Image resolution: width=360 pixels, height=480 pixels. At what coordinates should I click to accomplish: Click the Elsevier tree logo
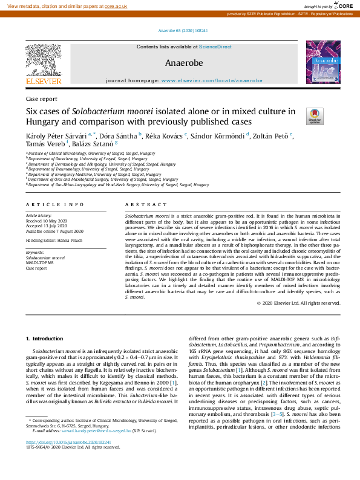(43, 62)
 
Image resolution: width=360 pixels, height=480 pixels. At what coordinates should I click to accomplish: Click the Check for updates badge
(315, 115)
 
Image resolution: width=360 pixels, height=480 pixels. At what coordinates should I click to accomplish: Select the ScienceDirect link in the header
(216, 47)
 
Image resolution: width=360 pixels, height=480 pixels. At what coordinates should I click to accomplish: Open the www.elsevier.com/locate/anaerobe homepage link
(212, 80)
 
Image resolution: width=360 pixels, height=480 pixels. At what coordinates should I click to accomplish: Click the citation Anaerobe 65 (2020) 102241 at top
(180, 30)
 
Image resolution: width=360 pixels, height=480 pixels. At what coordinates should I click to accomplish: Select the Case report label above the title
(42, 99)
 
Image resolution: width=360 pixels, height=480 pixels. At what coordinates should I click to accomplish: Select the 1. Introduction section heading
(48, 338)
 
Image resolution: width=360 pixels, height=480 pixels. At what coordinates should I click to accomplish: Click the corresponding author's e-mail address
(97, 448)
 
